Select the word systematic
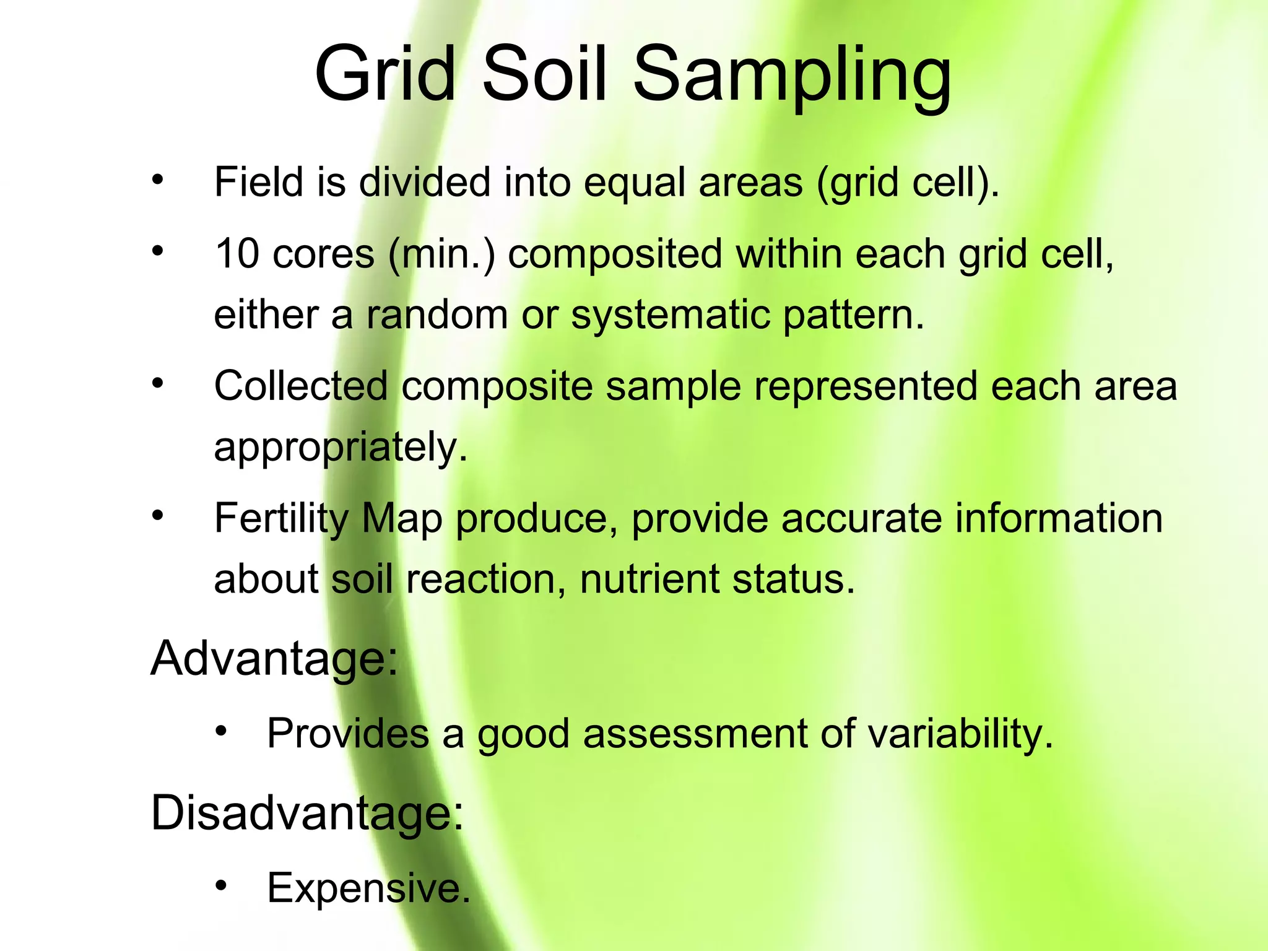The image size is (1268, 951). pos(671,316)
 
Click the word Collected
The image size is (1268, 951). pos(300,386)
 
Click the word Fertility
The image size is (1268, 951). pos(281,519)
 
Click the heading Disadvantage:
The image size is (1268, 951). pos(307,813)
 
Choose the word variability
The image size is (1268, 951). pos(960,734)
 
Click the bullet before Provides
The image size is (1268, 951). pos(222,731)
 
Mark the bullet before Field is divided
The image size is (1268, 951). pos(158,180)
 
